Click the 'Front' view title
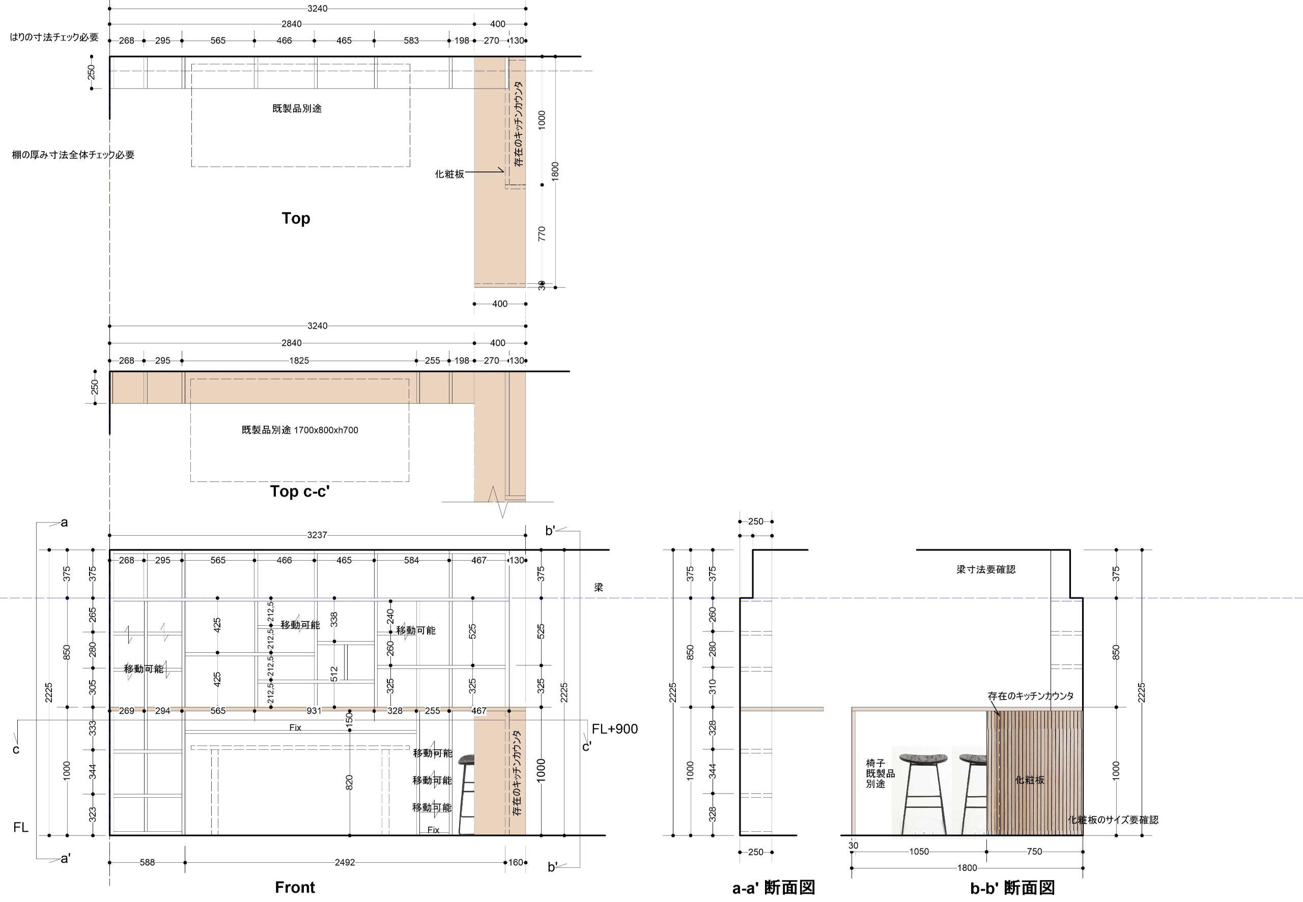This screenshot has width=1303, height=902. coord(295,887)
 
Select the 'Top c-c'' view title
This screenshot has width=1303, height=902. coord(300,491)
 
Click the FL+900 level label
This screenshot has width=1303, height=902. coord(614,729)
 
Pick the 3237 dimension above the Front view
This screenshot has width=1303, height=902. coord(317,535)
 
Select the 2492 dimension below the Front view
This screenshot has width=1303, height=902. coord(345,862)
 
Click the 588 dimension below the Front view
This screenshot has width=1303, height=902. coord(147,862)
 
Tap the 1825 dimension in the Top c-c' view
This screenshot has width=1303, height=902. coord(299,361)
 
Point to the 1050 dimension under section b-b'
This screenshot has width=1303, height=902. coord(919,852)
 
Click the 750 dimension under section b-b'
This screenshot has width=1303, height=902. coord(1034,852)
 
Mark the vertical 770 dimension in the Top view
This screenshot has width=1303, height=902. coord(542,234)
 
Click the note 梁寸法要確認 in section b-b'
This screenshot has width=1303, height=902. coord(986,570)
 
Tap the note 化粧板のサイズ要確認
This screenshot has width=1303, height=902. coord(1113,820)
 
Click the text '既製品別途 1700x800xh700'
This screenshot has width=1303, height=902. coord(300,430)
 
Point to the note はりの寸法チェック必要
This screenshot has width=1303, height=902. coord(54,37)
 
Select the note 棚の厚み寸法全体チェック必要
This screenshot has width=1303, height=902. coord(73,155)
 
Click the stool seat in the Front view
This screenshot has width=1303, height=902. coord(466,760)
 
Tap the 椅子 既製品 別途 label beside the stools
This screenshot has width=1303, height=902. coord(880,774)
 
